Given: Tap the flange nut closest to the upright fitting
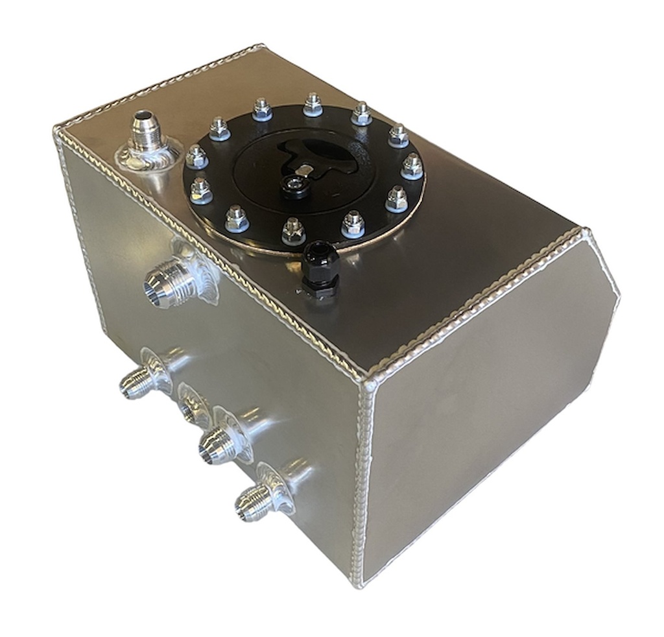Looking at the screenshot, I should click(x=196, y=156).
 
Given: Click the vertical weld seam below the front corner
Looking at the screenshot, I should click(x=366, y=480).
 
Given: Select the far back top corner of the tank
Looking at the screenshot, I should click(x=262, y=47).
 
